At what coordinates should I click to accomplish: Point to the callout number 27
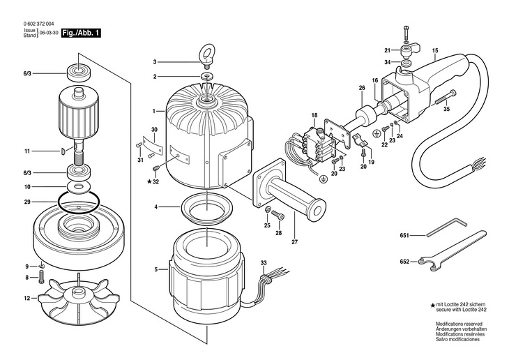pyautogui.click(x=294, y=242)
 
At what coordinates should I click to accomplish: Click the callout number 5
pyautogui.click(x=156, y=269)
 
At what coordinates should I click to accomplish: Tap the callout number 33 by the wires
pyautogui.click(x=264, y=262)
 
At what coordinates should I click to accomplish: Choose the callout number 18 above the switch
pyautogui.click(x=314, y=114)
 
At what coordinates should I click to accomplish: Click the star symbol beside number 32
pyautogui.click(x=150, y=181)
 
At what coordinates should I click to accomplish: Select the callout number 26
pyautogui.click(x=361, y=88)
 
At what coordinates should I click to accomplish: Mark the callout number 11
pyautogui.click(x=27, y=151)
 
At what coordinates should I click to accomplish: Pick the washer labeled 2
pyautogui.click(x=207, y=75)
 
